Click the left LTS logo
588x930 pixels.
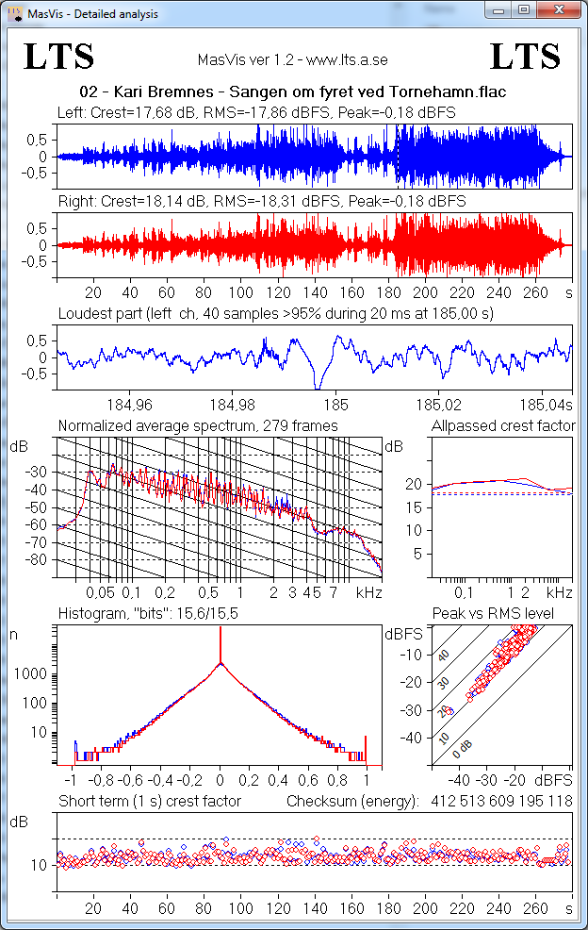point(59,58)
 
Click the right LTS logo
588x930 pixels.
point(526,58)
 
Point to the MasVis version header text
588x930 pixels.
point(293,59)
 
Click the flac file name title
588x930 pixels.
point(294,93)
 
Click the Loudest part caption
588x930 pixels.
point(276,312)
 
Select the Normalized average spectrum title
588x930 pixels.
point(198,426)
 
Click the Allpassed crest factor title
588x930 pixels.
point(502,426)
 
